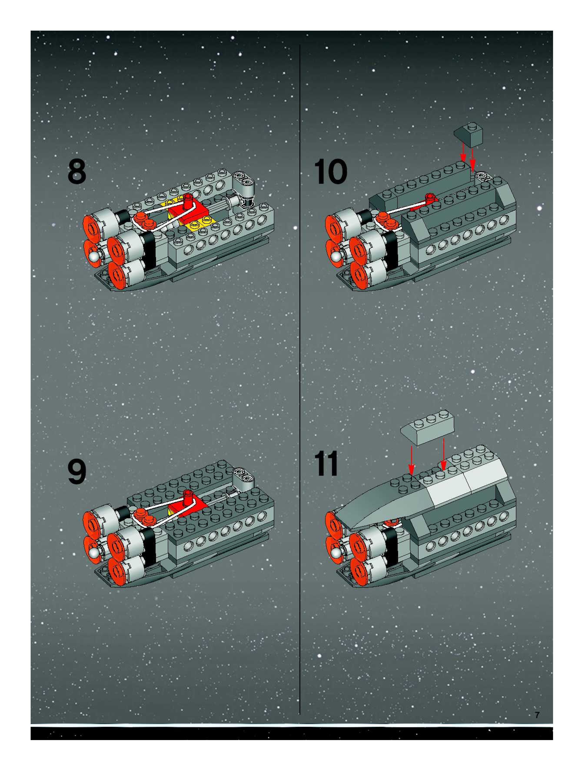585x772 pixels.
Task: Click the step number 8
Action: [77, 171]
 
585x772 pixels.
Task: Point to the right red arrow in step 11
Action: [443, 454]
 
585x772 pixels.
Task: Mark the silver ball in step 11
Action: [336, 552]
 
